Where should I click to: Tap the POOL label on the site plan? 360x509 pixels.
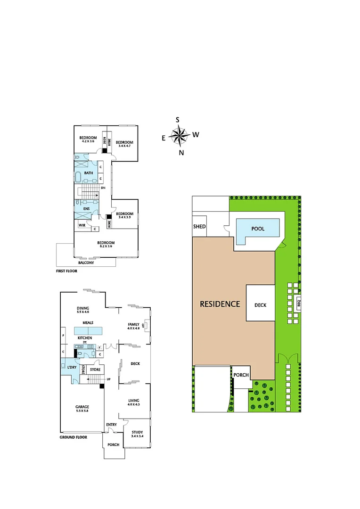click(258, 229)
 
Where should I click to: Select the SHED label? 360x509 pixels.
click(199, 227)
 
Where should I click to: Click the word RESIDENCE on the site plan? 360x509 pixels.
click(220, 304)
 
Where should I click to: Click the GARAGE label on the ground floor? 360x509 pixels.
click(82, 406)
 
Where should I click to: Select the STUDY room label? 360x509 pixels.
click(138, 432)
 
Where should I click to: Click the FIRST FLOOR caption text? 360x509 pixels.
click(67, 271)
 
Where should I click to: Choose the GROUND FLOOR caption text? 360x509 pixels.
click(74, 437)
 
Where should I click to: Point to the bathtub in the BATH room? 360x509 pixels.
click(78, 178)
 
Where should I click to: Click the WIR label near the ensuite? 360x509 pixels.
click(82, 225)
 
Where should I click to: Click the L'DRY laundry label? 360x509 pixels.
click(72, 367)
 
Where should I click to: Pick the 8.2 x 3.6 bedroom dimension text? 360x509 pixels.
click(106, 246)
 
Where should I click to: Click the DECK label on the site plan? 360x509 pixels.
click(260, 305)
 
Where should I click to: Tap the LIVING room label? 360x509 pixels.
click(134, 401)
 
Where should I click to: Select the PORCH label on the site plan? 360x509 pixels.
click(241, 375)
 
